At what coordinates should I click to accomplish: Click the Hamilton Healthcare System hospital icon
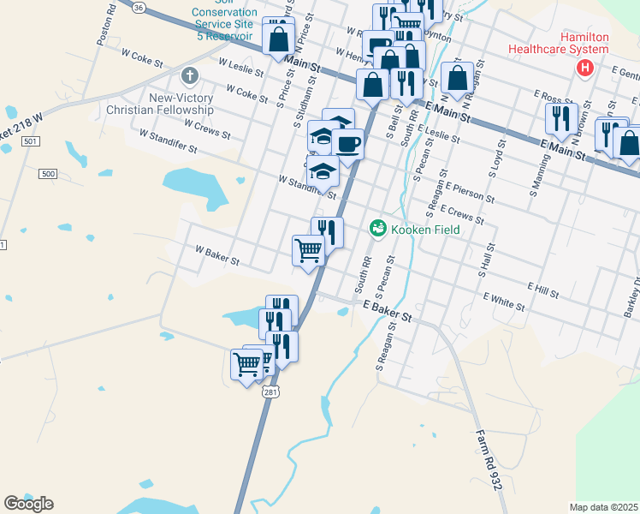pyautogui.click(x=585, y=68)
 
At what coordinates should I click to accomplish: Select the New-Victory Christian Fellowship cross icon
pyautogui.click(x=189, y=77)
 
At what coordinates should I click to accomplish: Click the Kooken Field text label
pyautogui.click(x=425, y=230)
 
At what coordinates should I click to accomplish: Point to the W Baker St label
pyautogui.click(x=216, y=254)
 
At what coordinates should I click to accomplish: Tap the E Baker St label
pyautogui.click(x=388, y=310)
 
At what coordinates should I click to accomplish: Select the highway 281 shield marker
pyautogui.click(x=270, y=391)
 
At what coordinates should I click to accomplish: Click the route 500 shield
pyautogui.click(x=48, y=174)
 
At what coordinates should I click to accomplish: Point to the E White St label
pyautogui.click(x=503, y=300)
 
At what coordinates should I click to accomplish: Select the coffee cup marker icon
pyautogui.click(x=347, y=142)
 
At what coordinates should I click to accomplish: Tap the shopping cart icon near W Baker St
pyautogui.click(x=308, y=250)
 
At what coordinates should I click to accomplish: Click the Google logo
pyautogui.click(x=28, y=504)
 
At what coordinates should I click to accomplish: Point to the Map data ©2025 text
pyautogui.click(x=603, y=507)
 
